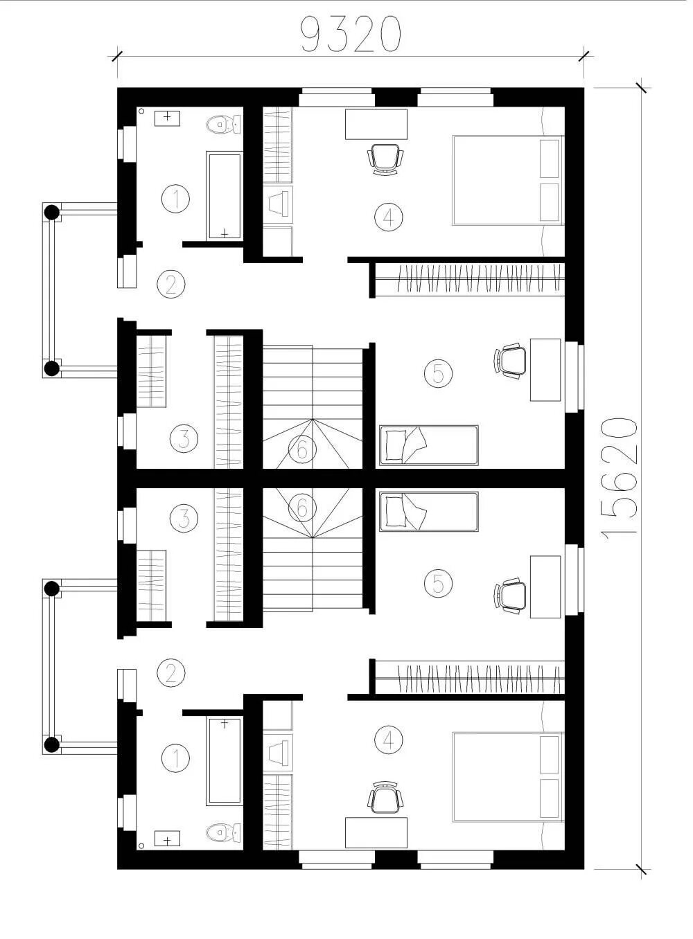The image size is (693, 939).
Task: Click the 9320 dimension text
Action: [x=351, y=35]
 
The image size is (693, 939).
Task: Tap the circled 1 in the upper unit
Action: [x=175, y=198]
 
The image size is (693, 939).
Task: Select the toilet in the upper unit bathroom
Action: [x=224, y=125]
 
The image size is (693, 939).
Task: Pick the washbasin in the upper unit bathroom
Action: [x=168, y=118]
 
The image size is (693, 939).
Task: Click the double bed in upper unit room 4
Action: [x=508, y=180]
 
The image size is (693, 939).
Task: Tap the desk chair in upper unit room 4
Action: [x=385, y=159]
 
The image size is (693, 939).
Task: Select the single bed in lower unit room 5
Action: [x=428, y=511]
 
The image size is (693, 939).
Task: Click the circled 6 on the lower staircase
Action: [x=302, y=508]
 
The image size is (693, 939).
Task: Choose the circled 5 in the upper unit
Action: [x=438, y=373]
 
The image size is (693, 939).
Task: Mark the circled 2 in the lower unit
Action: [x=170, y=674]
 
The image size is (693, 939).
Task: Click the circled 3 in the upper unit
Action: [x=184, y=438]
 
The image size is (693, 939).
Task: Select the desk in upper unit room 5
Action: [x=545, y=370]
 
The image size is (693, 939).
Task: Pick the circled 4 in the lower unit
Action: [x=389, y=740]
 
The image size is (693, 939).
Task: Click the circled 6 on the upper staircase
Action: [x=302, y=449]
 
